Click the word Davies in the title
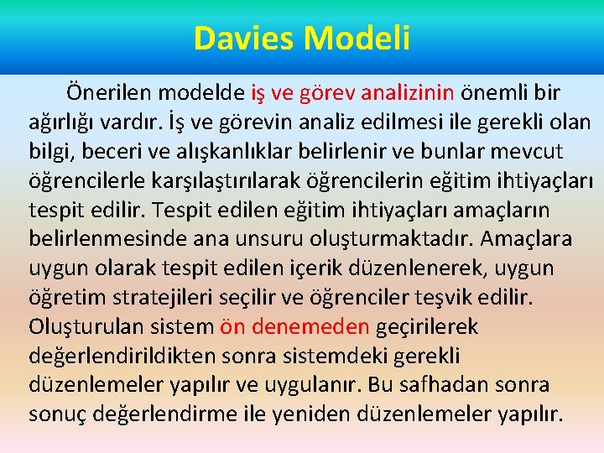click(x=244, y=39)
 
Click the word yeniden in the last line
click(x=325, y=414)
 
